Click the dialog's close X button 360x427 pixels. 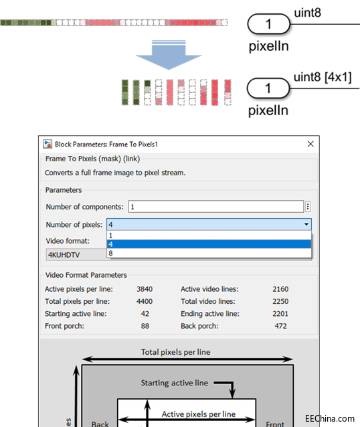coord(310,144)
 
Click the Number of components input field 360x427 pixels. coord(216,207)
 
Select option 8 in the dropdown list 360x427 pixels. coord(209,253)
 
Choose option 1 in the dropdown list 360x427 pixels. coord(209,236)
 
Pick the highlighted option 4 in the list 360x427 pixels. coord(209,244)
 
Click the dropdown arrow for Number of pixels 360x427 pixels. coord(306,224)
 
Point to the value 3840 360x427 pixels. coord(145,289)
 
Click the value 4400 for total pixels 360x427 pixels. coord(145,301)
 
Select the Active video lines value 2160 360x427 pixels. coord(280,289)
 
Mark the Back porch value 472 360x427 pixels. coord(281,326)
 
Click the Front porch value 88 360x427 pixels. coord(145,326)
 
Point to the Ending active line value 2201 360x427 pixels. coord(280,314)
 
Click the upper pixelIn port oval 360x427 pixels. coord(268,24)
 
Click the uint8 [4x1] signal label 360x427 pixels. coord(323,77)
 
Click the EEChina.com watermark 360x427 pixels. coord(330,418)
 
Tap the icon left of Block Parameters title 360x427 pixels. coord(48,144)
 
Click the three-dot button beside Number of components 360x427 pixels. coord(308,207)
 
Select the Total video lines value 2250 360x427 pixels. coord(280,301)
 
